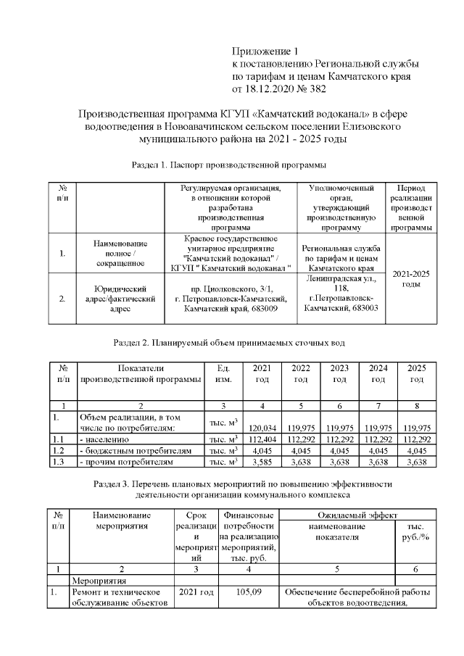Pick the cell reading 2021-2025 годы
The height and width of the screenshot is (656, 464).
pyautogui.click(x=411, y=278)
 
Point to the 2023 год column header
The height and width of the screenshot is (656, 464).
pyautogui.click(x=339, y=373)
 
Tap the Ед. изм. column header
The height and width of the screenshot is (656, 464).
pyautogui.click(x=224, y=373)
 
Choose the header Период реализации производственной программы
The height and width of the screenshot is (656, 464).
pyautogui.click(x=411, y=207)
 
